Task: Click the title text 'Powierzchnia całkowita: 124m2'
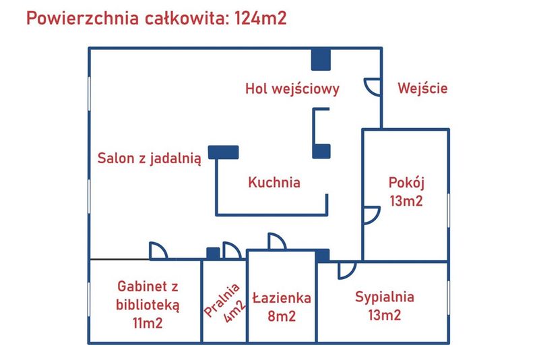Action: point(156,18)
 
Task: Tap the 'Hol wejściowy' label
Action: point(292,88)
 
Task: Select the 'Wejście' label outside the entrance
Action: point(422,88)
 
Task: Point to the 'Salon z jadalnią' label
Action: point(150,159)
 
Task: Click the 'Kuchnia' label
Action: point(274,182)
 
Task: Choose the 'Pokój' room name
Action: point(406,183)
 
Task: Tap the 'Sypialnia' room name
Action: point(385,297)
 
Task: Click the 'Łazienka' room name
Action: point(282,297)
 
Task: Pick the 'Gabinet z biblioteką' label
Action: point(148,295)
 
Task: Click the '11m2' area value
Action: point(148,322)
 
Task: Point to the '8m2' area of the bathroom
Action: point(282,315)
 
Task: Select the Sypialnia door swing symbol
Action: point(346,269)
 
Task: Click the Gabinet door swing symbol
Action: point(158,251)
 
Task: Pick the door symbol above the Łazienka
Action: point(276,241)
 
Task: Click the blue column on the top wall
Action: point(321,59)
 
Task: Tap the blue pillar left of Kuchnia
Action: point(223,152)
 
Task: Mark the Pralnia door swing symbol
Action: point(231,251)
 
